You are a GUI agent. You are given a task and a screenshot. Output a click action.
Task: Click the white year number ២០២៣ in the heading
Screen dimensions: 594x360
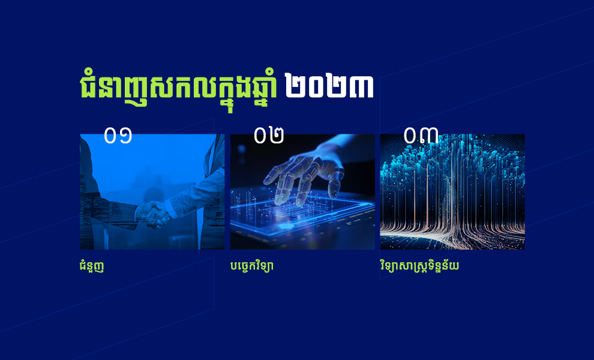tap(329, 86)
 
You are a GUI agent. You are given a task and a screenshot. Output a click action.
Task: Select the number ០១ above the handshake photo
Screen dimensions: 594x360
tap(118, 136)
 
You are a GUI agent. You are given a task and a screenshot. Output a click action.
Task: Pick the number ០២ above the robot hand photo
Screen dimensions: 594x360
tap(269, 136)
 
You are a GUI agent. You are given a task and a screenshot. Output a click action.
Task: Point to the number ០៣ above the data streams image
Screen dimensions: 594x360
tap(421, 135)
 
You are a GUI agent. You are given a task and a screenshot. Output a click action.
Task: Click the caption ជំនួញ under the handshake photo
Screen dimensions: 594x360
tap(92, 266)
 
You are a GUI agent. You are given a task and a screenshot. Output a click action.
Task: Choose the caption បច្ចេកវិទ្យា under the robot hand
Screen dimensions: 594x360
tap(251, 266)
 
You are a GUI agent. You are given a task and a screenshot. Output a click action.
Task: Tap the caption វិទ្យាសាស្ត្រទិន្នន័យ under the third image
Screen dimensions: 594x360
tap(419, 266)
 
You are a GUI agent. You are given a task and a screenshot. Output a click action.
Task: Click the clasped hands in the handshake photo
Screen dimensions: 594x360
tap(153, 215)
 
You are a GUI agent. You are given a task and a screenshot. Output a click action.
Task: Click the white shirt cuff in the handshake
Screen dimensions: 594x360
tap(171, 209)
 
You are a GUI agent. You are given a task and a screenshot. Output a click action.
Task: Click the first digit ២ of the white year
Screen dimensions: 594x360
tap(296, 86)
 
